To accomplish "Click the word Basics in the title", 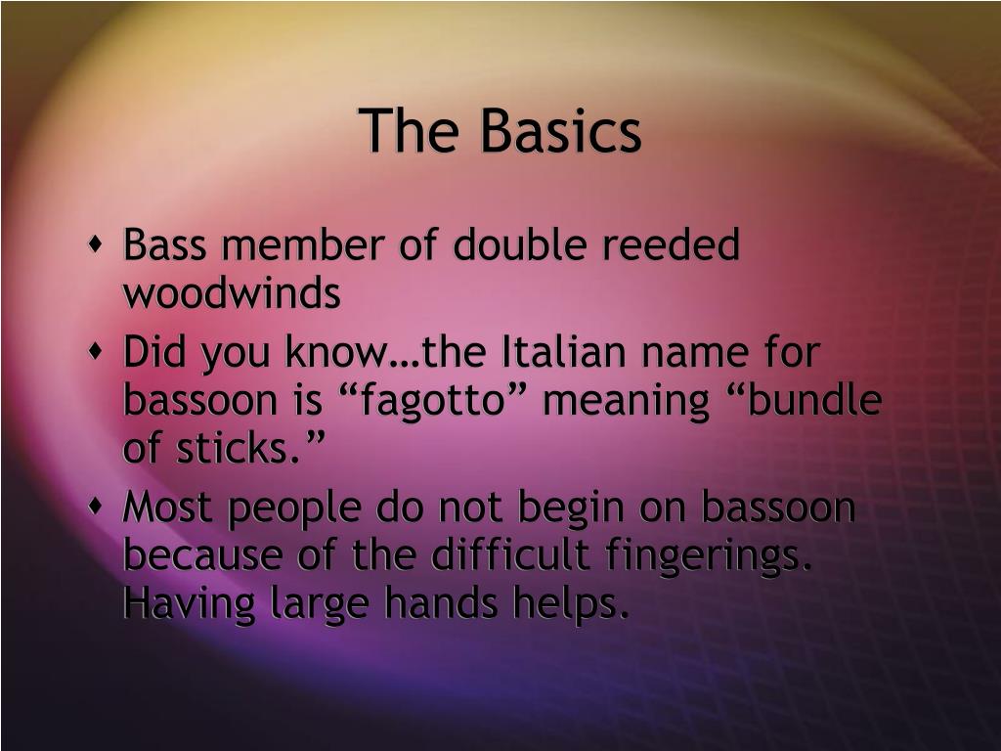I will tap(559, 132).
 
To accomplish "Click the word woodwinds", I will tap(232, 293).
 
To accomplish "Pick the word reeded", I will tap(671, 245).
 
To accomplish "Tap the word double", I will tap(523, 245).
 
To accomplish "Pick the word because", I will tap(200, 557).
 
